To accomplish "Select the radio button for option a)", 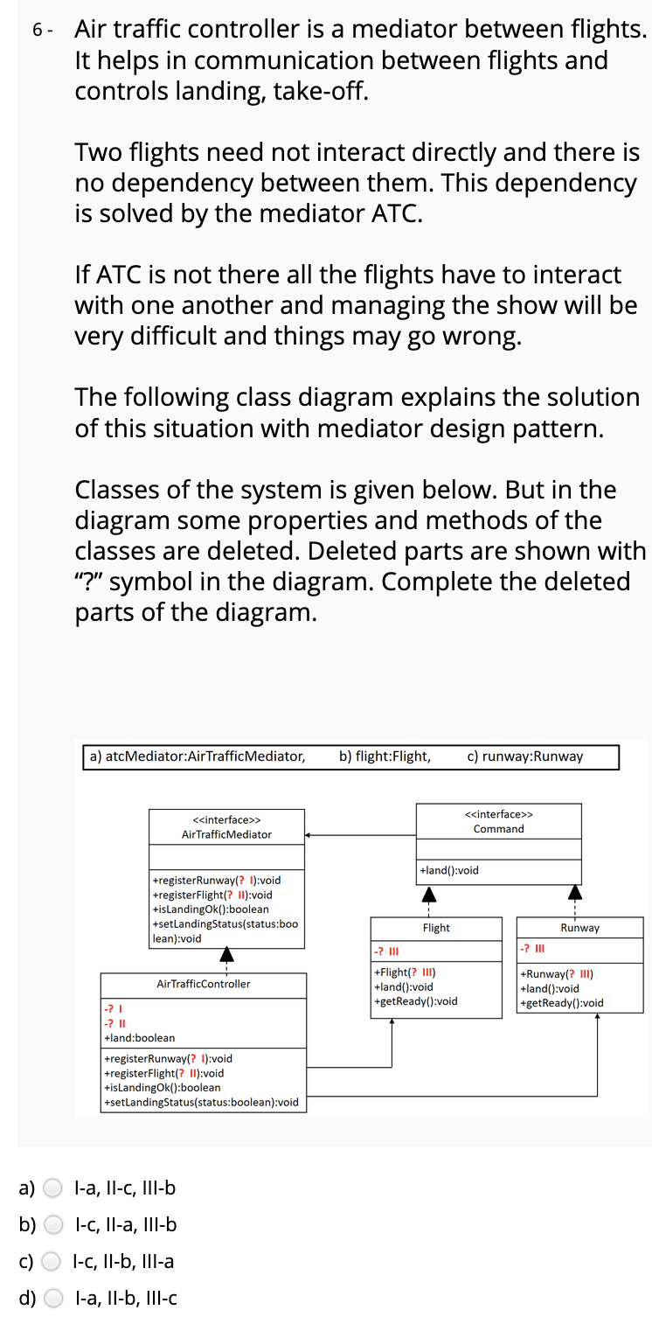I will coord(53,1188).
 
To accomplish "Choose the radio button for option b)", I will coord(53,1224).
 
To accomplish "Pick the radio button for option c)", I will coord(53,1261).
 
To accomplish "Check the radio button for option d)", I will coord(53,1298).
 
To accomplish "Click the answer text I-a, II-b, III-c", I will coord(127,1298).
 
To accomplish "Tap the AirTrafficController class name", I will coord(203,984).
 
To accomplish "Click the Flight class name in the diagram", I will coord(436,928).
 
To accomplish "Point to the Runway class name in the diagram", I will coord(580,928).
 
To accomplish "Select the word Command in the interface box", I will coord(498,828).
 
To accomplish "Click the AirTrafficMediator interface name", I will coord(226,834).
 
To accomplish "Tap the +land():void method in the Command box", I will coord(449,870).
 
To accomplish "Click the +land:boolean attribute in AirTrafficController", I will coord(139,1037).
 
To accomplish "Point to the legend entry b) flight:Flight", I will coord(385,756).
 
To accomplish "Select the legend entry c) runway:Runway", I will coord(525,756).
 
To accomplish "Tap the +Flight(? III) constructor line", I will coord(405,972).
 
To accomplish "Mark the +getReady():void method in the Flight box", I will coord(415,1001).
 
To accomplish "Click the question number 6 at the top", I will coord(38,31).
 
